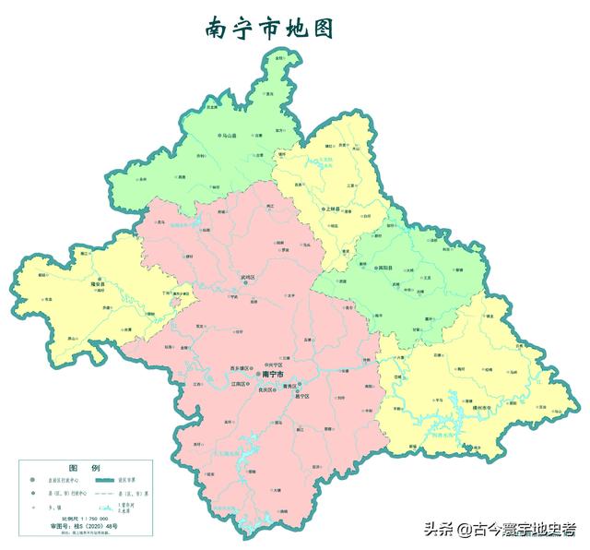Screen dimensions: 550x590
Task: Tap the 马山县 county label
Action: tap(228, 136)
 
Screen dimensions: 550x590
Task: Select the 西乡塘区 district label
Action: tap(243, 368)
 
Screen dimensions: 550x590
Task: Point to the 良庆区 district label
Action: tap(268, 390)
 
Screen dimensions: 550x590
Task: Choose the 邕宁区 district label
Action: tap(302, 397)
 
